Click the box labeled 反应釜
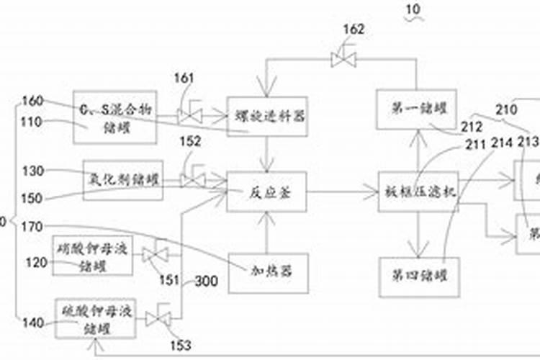coord(266,192)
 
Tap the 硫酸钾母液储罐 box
coord(95,318)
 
